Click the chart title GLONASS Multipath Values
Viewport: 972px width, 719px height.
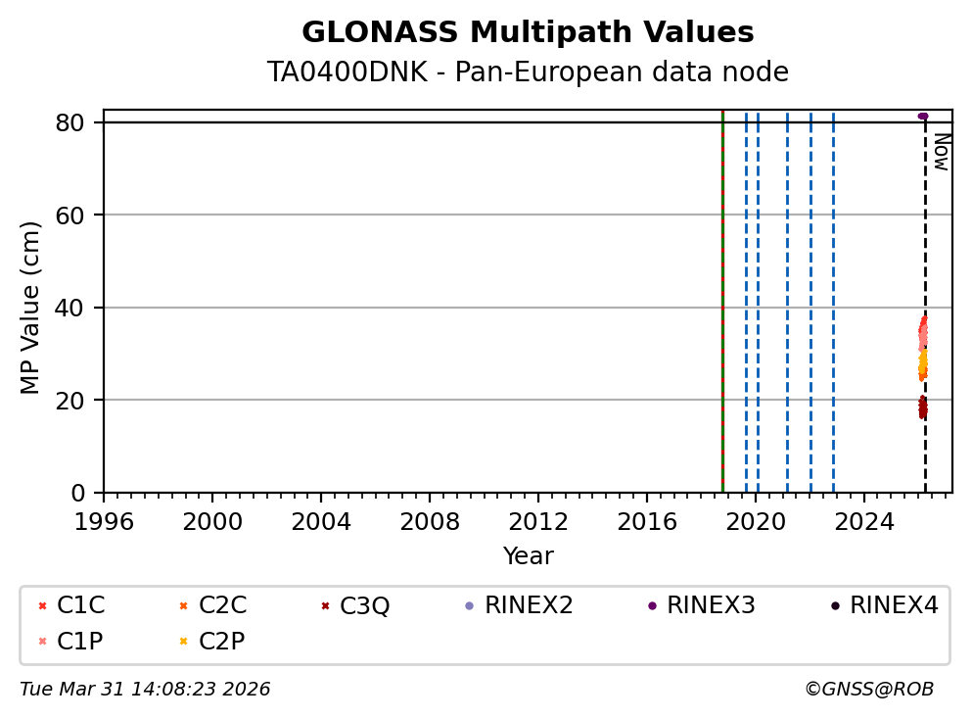pos(528,33)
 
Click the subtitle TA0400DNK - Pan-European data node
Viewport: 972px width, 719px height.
pos(528,72)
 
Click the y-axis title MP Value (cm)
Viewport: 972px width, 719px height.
pos(31,308)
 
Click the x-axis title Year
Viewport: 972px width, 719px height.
pos(528,557)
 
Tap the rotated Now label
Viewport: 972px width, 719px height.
pos(941,152)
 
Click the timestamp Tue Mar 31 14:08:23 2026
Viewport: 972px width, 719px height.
pos(145,690)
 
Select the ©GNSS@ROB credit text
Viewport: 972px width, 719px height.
pos(869,690)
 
